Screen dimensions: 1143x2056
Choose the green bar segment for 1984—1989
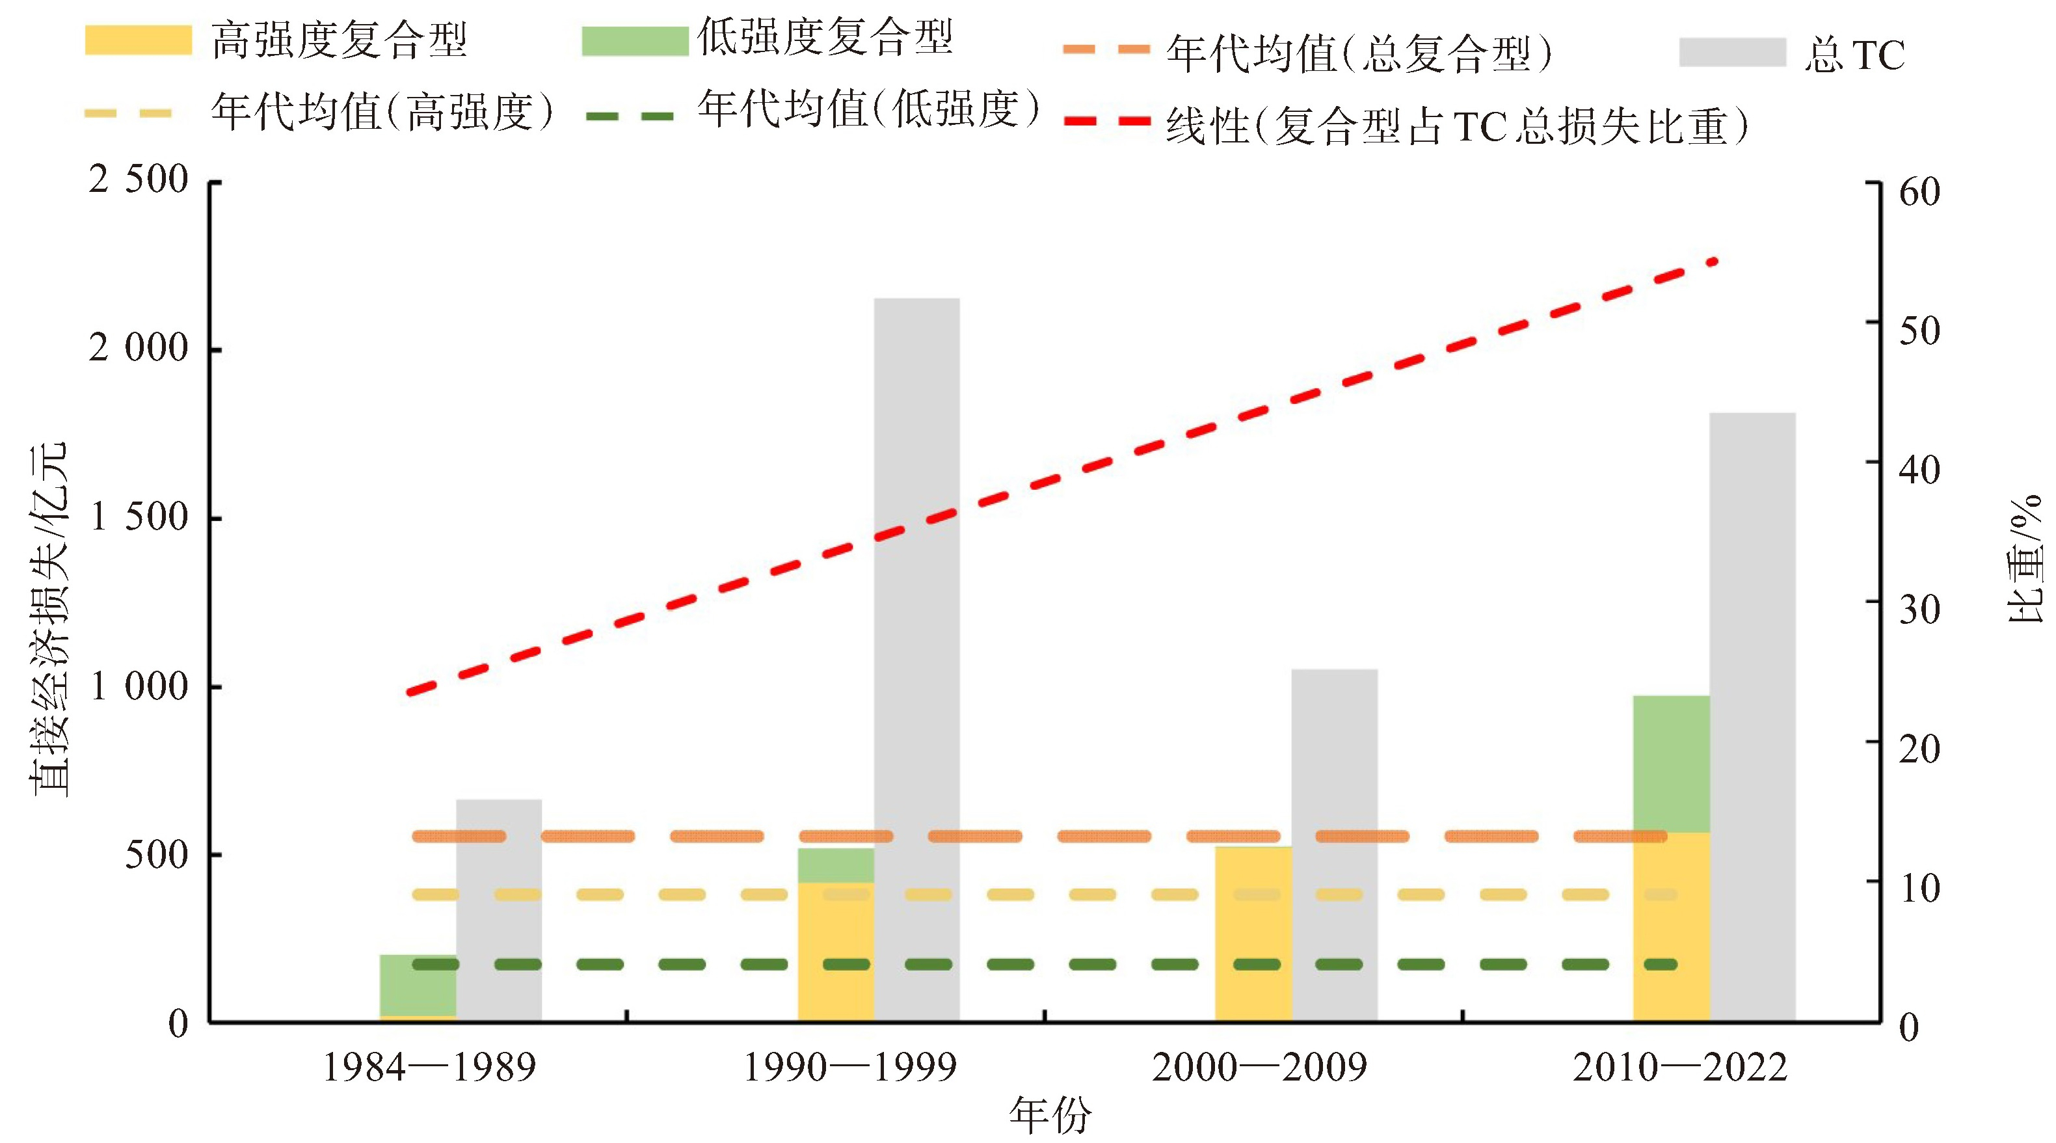418,984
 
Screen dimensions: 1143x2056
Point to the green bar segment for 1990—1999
836,865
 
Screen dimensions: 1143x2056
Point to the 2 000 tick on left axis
138,349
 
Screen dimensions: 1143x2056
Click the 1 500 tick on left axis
138,517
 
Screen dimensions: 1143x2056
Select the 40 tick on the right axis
1919,470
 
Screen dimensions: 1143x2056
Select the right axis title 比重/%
2024,559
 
